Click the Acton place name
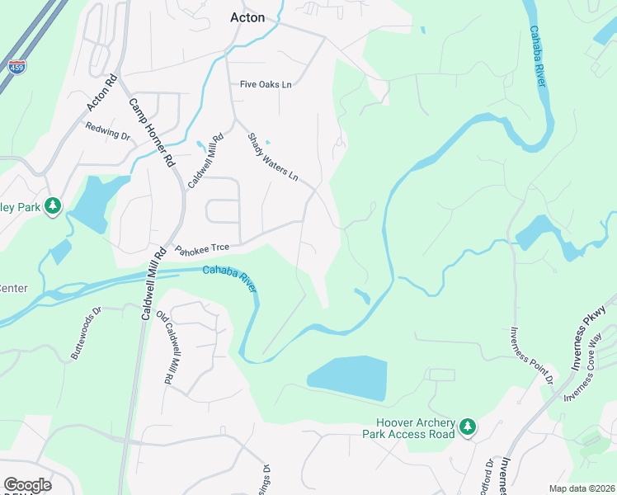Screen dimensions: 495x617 247,17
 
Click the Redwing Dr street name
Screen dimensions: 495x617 108,130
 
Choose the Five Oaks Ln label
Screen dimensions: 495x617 266,84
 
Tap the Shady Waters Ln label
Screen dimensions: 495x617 273,158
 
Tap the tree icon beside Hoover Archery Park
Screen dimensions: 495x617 469,427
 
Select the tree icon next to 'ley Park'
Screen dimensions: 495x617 54,205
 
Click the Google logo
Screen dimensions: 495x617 27,485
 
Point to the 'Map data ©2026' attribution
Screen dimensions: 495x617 581,488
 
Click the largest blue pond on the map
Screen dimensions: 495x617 346,377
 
